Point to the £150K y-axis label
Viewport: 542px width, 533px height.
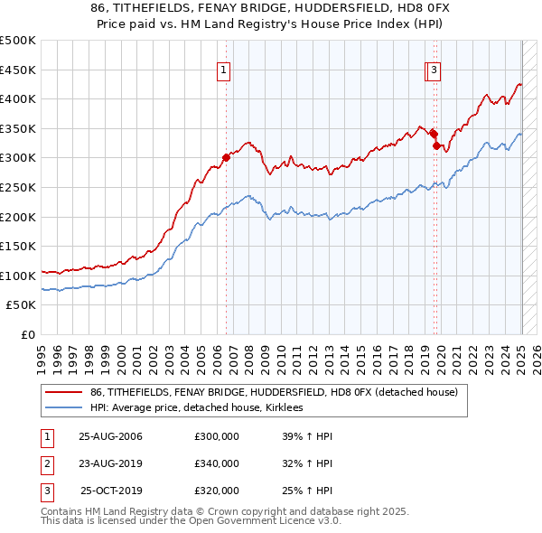(x=18, y=246)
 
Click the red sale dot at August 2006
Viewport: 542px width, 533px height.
(x=227, y=156)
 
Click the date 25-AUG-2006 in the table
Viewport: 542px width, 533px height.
(x=111, y=436)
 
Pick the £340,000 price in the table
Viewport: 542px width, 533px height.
(x=217, y=463)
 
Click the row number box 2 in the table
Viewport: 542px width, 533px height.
(x=45, y=463)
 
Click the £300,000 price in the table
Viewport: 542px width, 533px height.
(x=217, y=436)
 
